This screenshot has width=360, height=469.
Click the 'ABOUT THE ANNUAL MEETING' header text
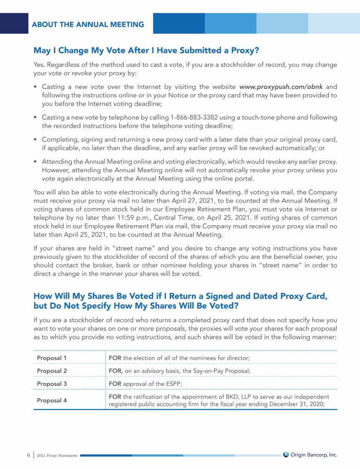(88, 24)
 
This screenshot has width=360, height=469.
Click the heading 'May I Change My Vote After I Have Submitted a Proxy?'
(146, 50)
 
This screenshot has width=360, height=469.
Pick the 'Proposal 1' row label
(52, 358)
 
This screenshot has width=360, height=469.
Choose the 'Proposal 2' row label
(52, 371)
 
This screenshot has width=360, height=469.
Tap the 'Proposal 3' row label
(52, 384)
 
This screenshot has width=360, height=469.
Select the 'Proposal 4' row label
(52, 400)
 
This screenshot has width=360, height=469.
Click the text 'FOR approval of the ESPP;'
(145, 384)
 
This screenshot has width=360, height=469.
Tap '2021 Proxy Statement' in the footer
(57, 455)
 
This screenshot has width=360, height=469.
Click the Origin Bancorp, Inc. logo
(310, 454)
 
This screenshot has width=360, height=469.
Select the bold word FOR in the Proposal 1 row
(115, 358)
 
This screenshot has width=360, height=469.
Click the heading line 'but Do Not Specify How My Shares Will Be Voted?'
(136, 305)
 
